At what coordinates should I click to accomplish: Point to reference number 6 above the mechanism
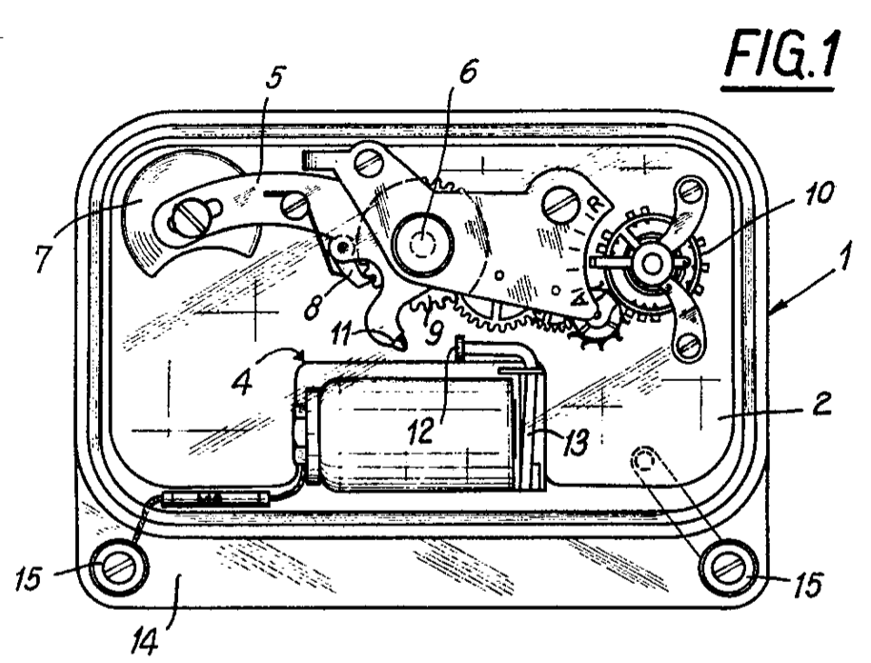point(467,71)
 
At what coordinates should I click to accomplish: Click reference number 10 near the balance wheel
point(817,193)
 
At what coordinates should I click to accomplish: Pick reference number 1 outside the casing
point(843,255)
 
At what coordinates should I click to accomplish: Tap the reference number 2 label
point(820,404)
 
